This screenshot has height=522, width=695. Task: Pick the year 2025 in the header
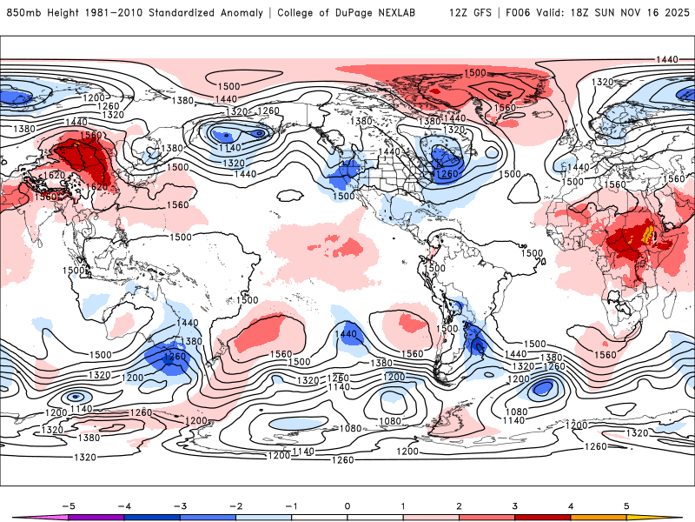click(x=673, y=13)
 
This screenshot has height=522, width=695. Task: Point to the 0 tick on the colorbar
click(x=347, y=505)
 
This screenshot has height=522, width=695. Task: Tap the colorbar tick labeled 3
click(x=515, y=505)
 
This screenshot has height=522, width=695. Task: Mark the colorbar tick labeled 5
click(x=627, y=505)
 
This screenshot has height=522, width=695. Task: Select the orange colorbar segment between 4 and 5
click(x=599, y=517)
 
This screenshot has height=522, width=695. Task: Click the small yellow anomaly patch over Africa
click(x=645, y=234)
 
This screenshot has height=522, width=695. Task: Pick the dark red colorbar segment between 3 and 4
click(x=543, y=517)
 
